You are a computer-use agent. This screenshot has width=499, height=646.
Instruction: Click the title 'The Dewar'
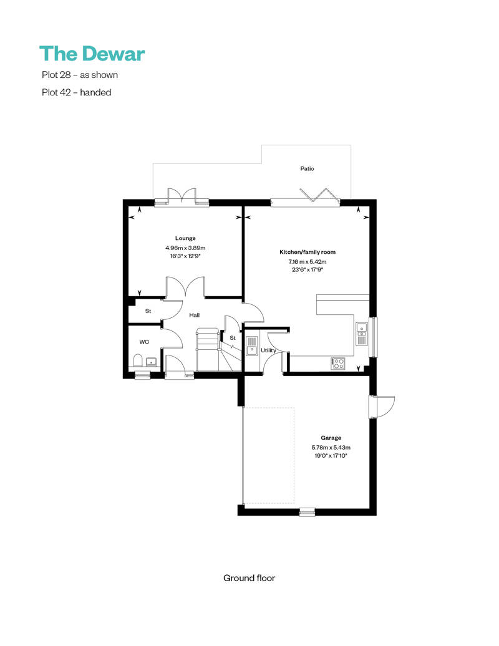click(x=92, y=54)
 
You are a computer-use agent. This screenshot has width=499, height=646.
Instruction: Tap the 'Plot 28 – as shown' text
click(x=79, y=75)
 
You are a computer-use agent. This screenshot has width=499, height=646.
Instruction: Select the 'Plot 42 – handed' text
click(x=76, y=92)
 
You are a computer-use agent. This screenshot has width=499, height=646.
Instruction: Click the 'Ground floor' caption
click(x=249, y=578)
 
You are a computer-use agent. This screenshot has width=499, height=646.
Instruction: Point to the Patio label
click(x=307, y=168)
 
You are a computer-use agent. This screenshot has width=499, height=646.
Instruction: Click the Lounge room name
click(x=185, y=238)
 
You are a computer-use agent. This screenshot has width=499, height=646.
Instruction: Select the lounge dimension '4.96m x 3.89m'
click(x=185, y=248)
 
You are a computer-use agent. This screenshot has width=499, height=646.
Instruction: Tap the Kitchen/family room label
click(x=308, y=252)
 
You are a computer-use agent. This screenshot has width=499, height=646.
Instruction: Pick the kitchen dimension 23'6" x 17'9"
click(x=308, y=270)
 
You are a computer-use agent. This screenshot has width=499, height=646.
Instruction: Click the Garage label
click(x=331, y=438)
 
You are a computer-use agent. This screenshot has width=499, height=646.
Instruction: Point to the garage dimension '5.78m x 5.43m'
click(x=331, y=448)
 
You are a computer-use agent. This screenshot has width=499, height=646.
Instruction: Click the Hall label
click(x=194, y=315)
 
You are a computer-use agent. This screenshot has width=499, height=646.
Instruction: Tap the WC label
click(x=144, y=342)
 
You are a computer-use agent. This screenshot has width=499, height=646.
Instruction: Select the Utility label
click(x=268, y=350)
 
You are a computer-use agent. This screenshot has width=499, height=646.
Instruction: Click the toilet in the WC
click(x=138, y=360)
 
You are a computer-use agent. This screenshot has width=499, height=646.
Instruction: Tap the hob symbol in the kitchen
click(x=338, y=363)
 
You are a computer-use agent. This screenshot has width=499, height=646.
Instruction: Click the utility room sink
click(x=251, y=345)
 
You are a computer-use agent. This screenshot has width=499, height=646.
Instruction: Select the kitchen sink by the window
click(x=361, y=334)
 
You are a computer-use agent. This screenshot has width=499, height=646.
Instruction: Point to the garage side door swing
click(x=382, y=407)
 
